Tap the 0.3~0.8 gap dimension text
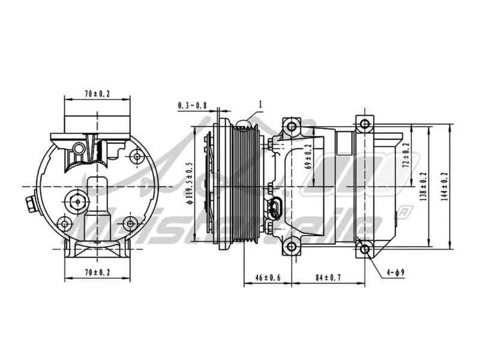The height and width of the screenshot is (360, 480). pos(192,106)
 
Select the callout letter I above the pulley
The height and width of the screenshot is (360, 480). pos(261,104)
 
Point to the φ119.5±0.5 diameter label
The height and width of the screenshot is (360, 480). pos(189,183)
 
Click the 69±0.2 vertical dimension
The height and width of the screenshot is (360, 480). pos(309,158)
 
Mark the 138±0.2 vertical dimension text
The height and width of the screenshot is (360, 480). pos(424,187)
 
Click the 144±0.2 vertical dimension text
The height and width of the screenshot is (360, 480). pos(444,187)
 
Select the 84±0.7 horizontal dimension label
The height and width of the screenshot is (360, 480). pos(328,278)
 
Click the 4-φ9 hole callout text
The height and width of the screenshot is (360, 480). pos(396,273)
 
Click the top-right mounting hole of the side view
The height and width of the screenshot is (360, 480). pos(364,125)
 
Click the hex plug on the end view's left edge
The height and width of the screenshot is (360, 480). pos(29,203)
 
